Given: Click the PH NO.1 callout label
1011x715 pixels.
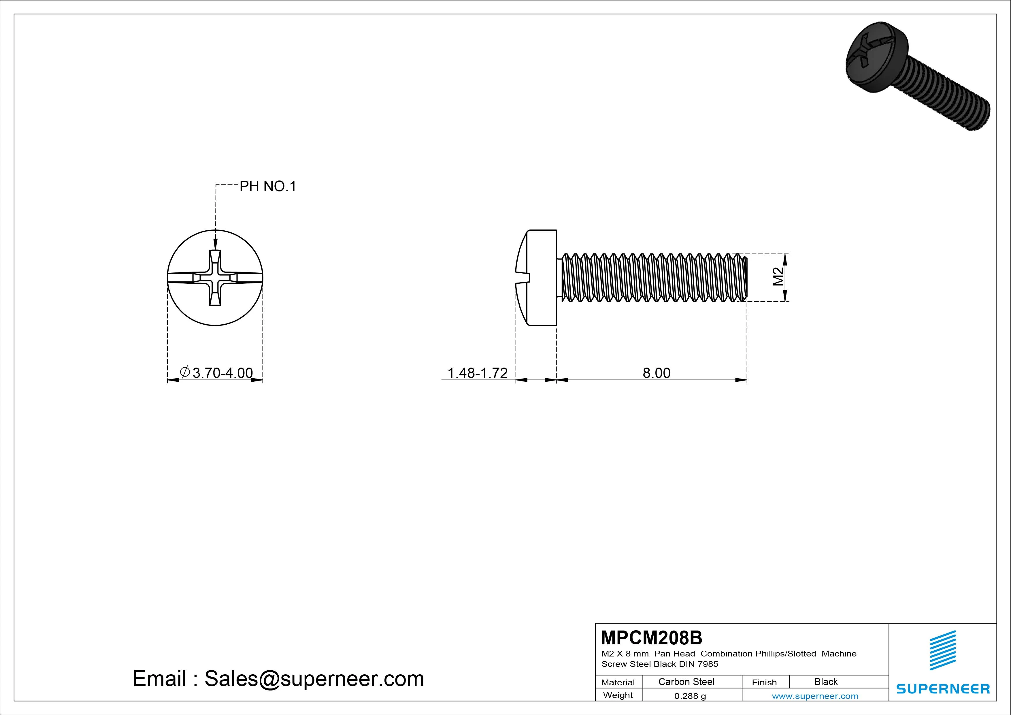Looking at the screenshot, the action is [x=268, y=186].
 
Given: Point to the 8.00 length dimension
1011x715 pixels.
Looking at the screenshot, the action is [x=657, y=373].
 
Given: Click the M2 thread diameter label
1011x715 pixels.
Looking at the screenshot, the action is [x=778, y=277].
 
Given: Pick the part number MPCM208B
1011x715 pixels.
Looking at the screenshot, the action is [x=652, y=637].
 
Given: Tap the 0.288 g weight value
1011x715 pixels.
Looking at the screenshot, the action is [x=690, y=696].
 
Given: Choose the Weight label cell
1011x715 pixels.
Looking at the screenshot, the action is [x=618, y=695].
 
